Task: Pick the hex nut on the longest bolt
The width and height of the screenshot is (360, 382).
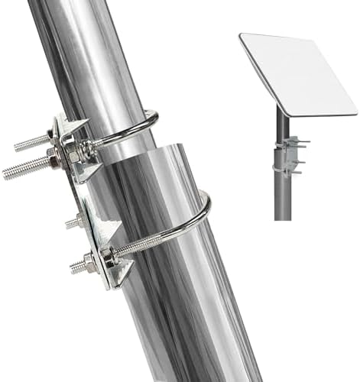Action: pos(54,159)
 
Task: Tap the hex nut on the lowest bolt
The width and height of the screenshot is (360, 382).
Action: pos(89,264)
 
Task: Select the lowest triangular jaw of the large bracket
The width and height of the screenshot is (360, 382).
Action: pos(122,275)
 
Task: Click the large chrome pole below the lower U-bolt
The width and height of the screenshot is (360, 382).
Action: pos(191,329)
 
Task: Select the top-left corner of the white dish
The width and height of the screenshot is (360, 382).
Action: pos(242,37)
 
